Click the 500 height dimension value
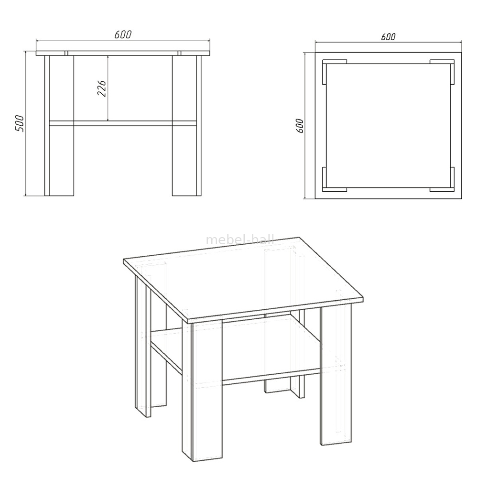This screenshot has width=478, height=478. coord(20,123)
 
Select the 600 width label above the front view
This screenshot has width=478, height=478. coord(123,35)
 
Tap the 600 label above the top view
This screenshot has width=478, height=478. coord(388,37)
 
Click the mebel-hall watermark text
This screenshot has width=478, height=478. coord(240,240)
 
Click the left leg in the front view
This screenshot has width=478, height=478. coord(59,126)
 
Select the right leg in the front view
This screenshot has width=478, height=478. coord(186,126)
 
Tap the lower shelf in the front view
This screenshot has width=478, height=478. coord(123,123)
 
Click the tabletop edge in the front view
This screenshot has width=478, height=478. coord(123,53)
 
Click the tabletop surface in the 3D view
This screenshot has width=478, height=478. coord(244,277)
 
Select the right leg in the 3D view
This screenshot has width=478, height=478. coord(336,375)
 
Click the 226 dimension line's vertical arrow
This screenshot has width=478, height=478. coord(108,88)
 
